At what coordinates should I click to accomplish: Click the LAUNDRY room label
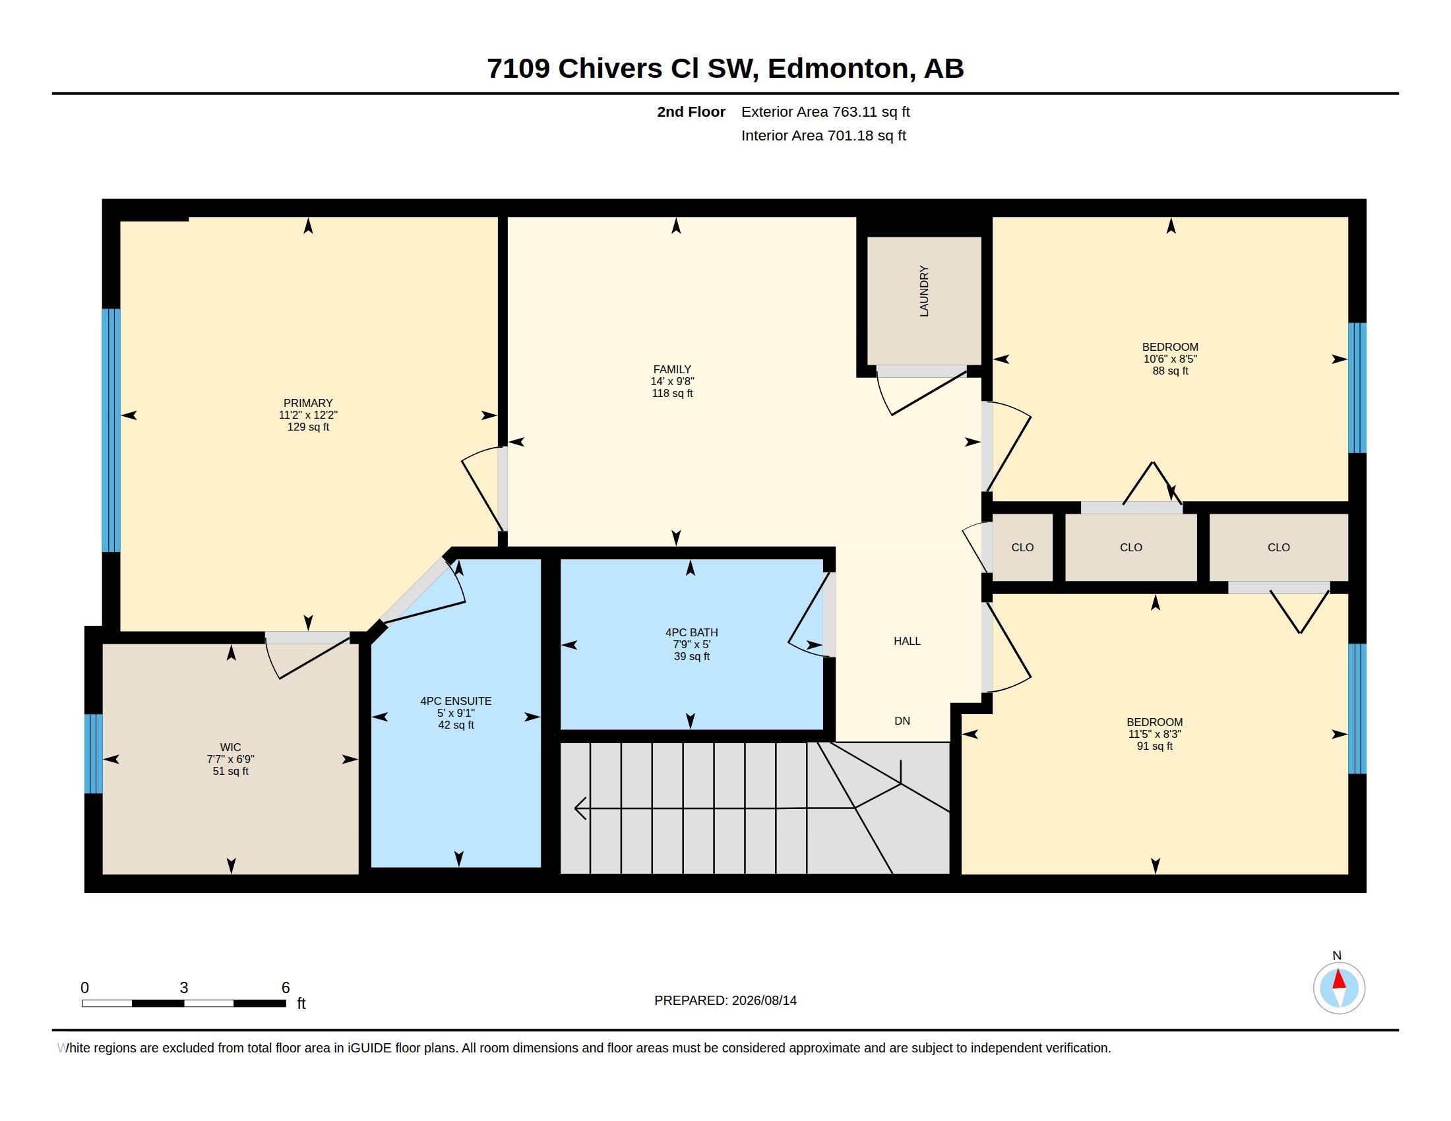(x=923, y=291)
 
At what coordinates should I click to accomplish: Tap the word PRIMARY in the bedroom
(x=307, y=403)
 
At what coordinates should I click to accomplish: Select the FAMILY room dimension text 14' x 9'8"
(x=672, y=381)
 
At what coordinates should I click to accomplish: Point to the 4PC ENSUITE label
(x=456, y=700)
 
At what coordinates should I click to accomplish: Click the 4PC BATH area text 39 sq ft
(x=692, y=656)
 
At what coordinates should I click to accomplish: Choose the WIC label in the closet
(x=231, y=747)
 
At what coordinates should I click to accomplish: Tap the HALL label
(x=907, y=641)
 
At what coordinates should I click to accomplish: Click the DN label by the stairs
(x=902, y=721)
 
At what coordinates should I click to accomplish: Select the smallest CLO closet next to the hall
(x=1022, y=547)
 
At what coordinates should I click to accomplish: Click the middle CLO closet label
(x=1130, y=547)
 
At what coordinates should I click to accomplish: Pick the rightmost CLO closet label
(x=1279, y=547)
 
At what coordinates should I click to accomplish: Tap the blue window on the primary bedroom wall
(x=111, y=431)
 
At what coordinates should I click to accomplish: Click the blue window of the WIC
(x=94, y=754)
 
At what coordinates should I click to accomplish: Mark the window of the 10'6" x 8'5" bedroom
(x=1357, y=388)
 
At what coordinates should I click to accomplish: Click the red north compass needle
(x=1340, y=980)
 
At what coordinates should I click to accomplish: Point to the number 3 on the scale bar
(x=183, y=988)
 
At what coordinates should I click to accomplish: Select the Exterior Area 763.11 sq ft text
(x=825, y=111)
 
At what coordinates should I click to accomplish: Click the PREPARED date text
(x=725, y=1000)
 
